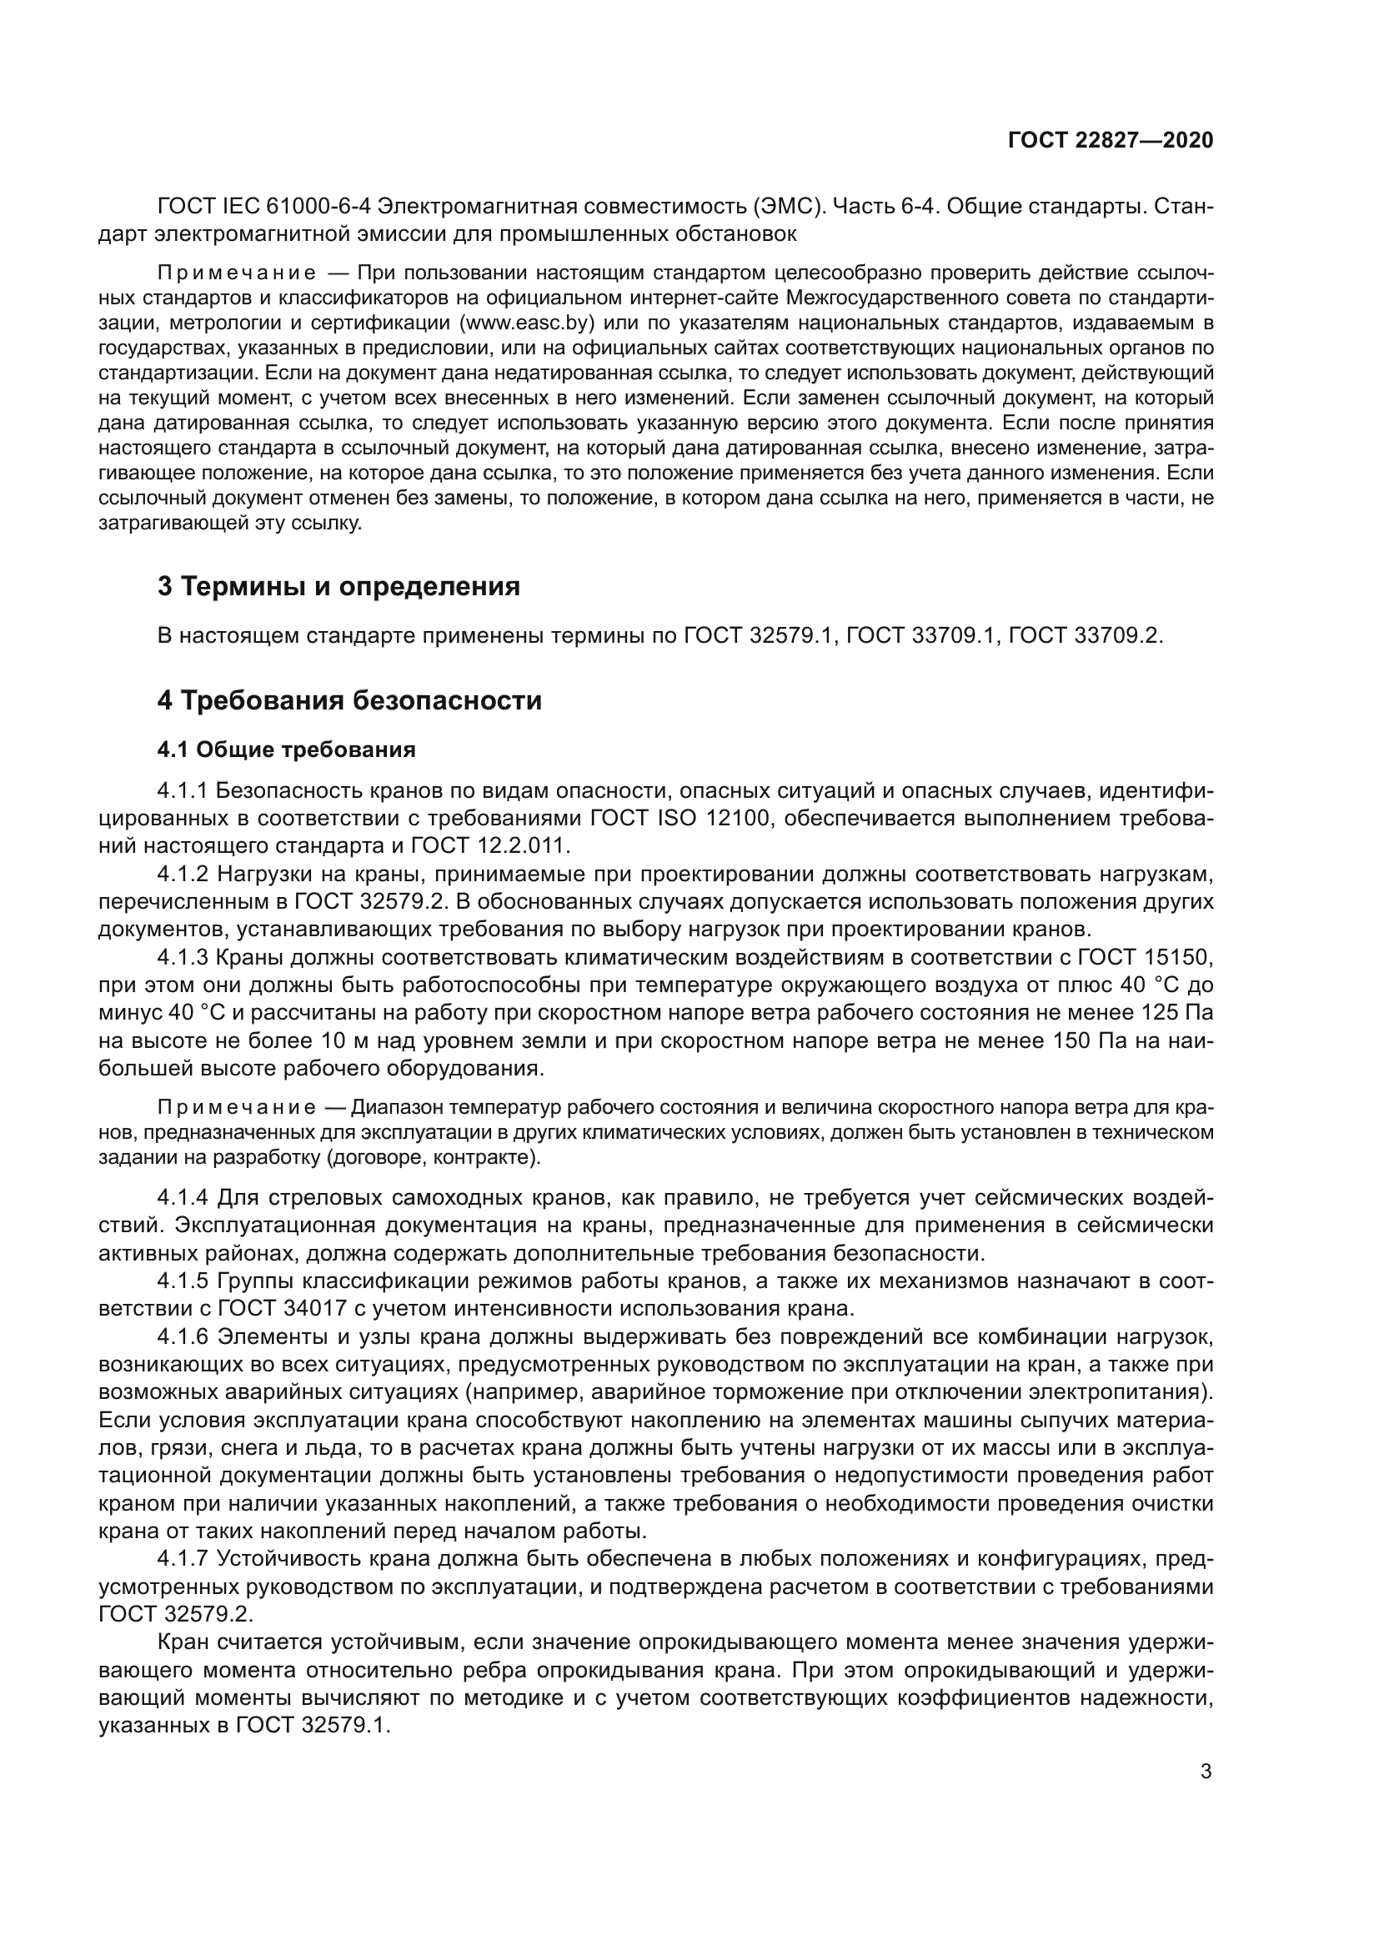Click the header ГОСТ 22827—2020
1110,140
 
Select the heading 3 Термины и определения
338,586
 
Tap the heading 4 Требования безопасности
349,700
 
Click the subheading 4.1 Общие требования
286,750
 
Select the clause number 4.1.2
183,874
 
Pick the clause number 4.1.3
183,957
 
